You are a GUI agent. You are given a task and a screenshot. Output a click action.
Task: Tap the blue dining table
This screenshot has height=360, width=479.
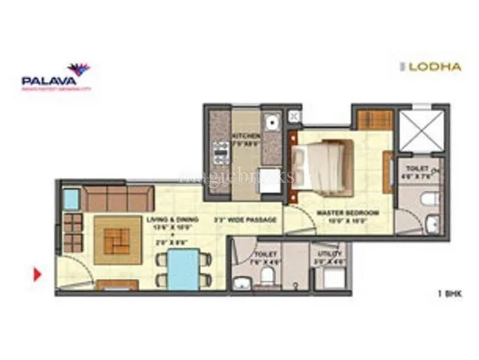tap(183, 268)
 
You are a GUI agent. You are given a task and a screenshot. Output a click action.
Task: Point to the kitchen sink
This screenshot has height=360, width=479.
tap(269, 123)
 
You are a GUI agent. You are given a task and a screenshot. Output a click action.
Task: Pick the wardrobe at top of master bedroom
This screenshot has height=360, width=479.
tap(375, 120)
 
